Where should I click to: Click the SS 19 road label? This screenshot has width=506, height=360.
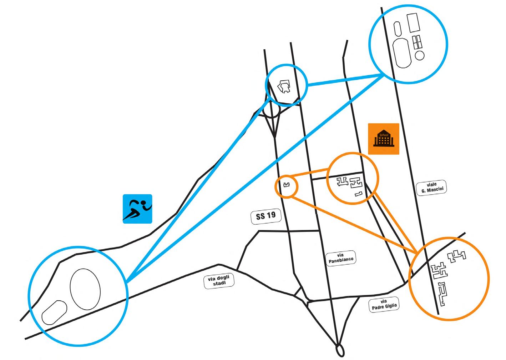coord(266,217)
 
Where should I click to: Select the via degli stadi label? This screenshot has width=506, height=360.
coord(219,280)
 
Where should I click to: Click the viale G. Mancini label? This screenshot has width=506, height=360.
coord(431,187)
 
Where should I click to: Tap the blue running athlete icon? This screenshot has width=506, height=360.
coord(137,209)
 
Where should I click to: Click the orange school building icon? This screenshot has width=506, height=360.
coord(384,139)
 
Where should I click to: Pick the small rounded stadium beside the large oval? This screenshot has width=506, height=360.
coord(54,312)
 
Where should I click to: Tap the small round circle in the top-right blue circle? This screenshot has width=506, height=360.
coord(420,55)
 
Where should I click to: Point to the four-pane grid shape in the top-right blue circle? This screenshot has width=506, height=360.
coord(417,42)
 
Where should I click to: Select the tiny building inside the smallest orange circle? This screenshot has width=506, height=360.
coord(286,185)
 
